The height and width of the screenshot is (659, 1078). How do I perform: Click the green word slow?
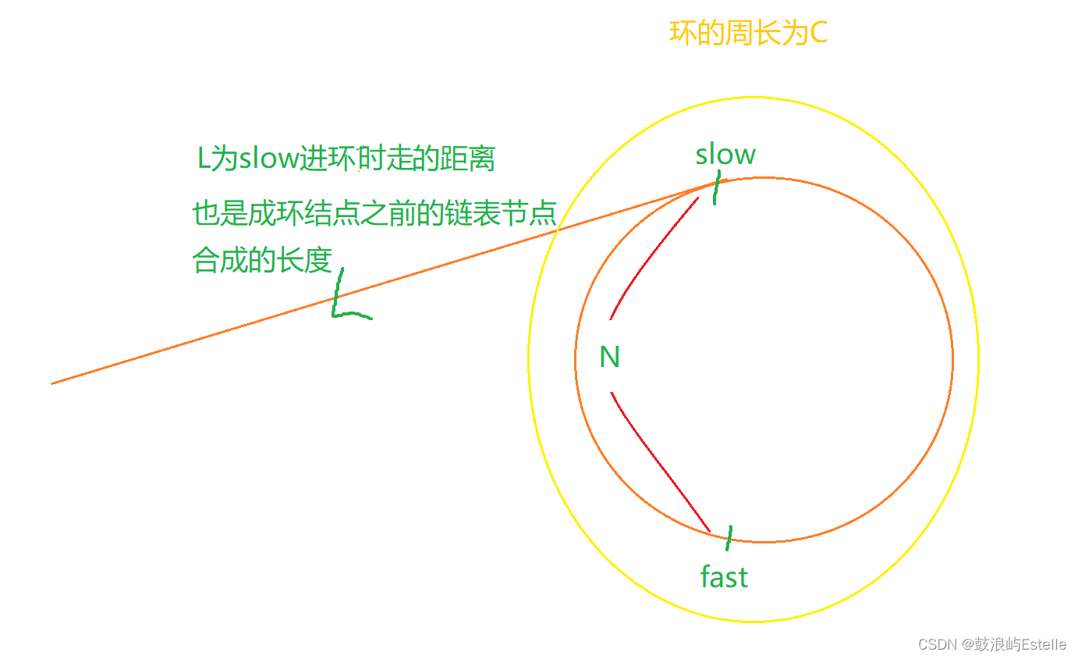point(725,155)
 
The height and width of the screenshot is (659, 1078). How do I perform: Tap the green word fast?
point(724,577)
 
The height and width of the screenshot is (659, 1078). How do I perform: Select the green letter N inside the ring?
point(609,357)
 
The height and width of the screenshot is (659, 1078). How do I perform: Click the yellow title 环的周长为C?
point(748,34)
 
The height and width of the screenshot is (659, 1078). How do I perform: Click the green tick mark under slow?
point(717,187)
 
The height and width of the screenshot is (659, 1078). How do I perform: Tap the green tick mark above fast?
point(729,537)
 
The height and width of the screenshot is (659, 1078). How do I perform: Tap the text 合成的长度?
point(263,260)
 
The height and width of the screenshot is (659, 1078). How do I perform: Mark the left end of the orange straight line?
point(53,383)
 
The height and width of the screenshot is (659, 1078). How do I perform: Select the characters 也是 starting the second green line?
point(219,213)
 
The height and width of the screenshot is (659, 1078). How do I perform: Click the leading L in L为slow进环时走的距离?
point(204,159)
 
